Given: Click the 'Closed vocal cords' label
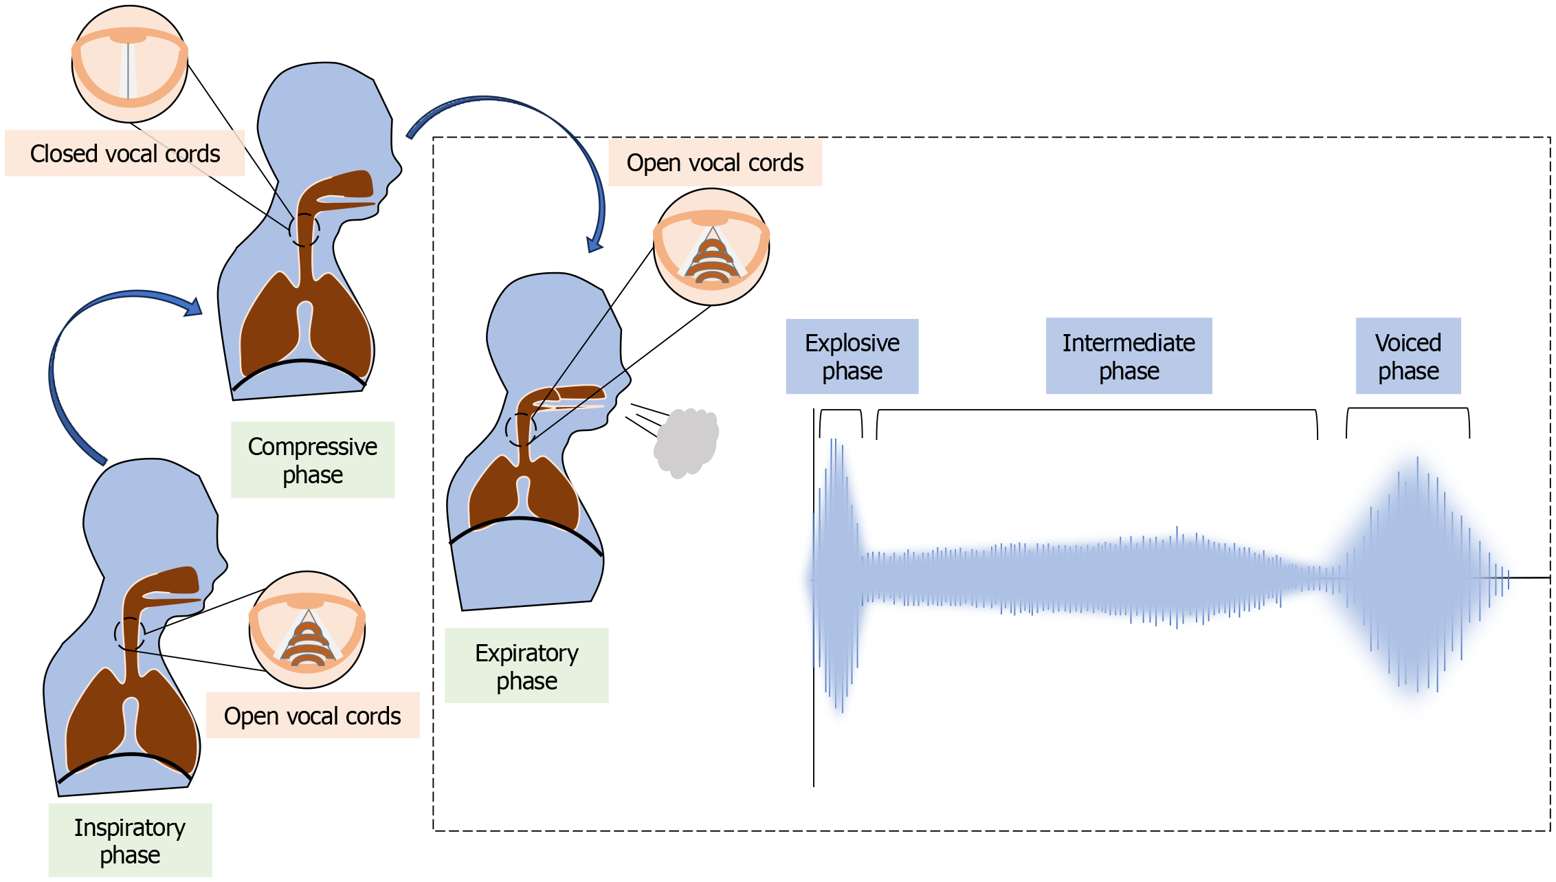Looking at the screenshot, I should pos(124,153).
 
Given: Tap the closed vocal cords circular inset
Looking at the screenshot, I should pos(129,65).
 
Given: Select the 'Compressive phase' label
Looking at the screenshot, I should pos(313,460).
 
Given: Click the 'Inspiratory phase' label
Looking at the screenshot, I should pos(130,840).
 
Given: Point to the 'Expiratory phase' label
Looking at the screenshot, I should pos(526,665).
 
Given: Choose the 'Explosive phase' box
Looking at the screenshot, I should pos(852,356).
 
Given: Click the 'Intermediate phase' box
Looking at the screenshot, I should pos(1129,356).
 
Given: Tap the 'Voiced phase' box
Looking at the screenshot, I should pos(1408,356).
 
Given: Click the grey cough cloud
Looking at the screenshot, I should pos(687,442).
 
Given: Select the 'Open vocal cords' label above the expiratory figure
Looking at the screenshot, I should pos(715,163).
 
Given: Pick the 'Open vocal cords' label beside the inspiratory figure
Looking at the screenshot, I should pos(313,716).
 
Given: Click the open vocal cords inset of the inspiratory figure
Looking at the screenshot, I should pos(307,630).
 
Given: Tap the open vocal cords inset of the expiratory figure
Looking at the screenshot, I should pos(711,247).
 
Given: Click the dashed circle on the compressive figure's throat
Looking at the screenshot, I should pos(304,230).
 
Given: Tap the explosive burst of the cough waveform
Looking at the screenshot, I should pos(837,577).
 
